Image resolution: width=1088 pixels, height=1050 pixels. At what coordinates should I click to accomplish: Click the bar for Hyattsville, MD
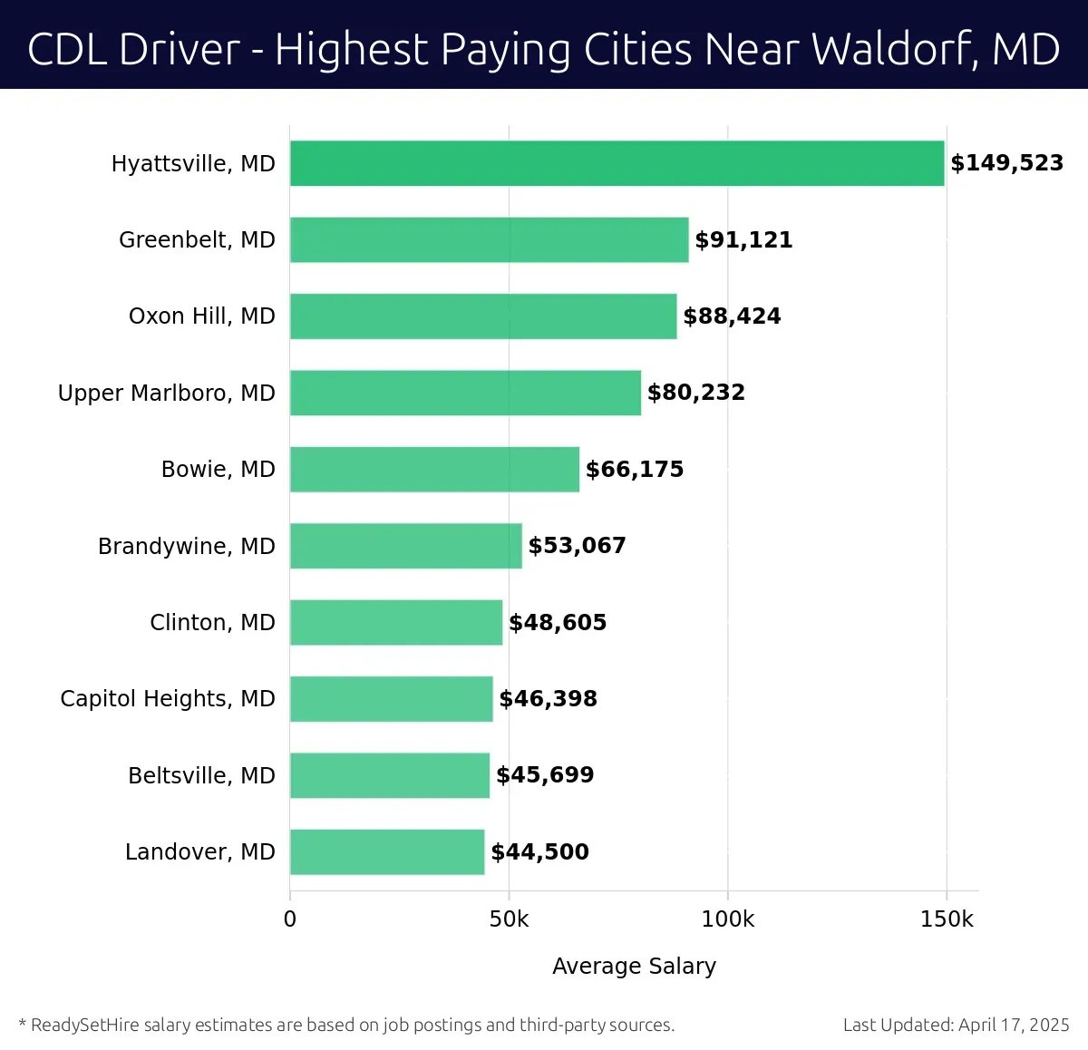[x=617, y=163]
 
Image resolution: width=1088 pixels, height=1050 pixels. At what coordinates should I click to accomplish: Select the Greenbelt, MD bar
[x=489, y=240]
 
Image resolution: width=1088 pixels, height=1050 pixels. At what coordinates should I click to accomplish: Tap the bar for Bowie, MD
[x=434, y=470]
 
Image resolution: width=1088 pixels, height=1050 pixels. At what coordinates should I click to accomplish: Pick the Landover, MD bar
[x=387, y=852]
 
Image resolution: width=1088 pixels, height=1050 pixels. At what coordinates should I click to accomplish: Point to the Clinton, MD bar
[x=396, y=623]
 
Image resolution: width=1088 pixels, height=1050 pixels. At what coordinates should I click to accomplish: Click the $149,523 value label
[x=1006, y=163]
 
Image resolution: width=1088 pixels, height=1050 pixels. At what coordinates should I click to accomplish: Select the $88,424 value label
[x=732, y=316]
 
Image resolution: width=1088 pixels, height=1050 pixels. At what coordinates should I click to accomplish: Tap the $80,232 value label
[x=695, y=393]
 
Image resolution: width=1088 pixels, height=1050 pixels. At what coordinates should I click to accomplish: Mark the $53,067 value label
[x=577, y=546]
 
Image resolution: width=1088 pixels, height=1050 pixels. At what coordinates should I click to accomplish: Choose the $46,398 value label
[x=548, y=699]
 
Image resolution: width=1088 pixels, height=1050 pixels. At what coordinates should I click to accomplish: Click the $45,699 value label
[x=545, y=775]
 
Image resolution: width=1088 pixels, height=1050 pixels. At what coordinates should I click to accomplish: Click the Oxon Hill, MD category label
[x=201, y=316]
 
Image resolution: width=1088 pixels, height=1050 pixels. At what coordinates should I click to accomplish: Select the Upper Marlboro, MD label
[x=166, y=394]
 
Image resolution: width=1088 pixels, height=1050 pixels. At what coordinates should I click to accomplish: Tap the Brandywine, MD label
[x=186, y=547]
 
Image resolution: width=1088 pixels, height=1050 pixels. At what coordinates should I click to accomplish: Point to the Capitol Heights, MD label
[x=167, y=699]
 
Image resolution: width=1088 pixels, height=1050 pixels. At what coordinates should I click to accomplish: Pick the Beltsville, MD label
[x=201, y=776]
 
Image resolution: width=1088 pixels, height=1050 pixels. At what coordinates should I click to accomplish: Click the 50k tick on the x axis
[x=509, y=919]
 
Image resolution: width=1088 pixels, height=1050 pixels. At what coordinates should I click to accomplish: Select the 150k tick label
[x=946, y=919]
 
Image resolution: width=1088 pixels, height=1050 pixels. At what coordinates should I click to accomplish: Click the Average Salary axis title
[x=634, y=967]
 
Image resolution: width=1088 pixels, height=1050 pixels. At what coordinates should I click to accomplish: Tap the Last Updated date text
[x=956, y=1026]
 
